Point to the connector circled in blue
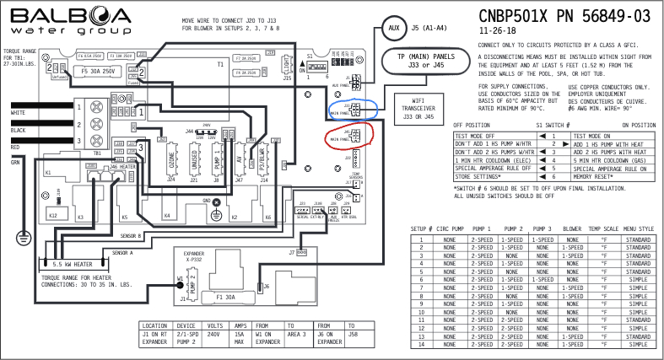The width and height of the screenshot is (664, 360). (355, 106)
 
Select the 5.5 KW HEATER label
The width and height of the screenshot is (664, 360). (72, 263)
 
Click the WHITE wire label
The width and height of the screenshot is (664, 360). (18, 112)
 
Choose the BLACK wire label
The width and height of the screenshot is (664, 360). (18, 131)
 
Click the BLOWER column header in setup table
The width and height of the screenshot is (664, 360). (571, 228)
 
